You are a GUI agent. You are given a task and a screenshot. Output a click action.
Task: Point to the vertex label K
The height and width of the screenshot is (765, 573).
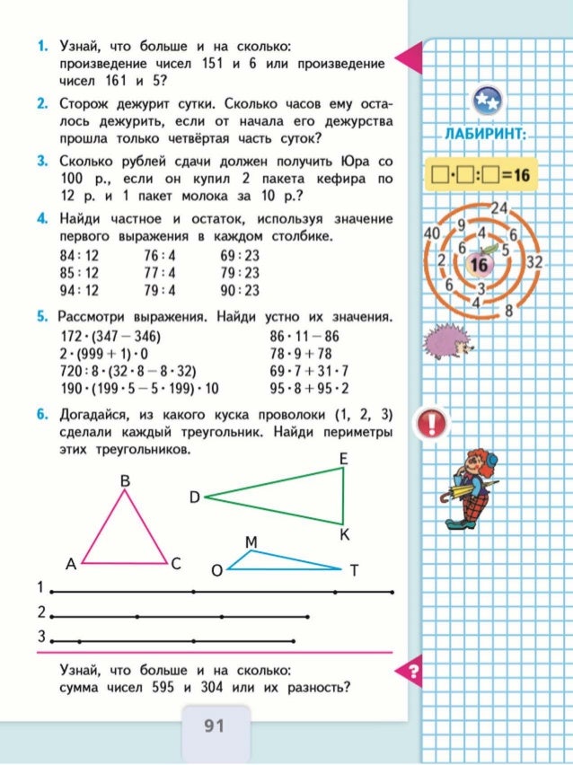click(344, 536)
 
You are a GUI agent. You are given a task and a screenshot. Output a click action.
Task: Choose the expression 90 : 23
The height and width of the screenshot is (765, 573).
click(240, 290)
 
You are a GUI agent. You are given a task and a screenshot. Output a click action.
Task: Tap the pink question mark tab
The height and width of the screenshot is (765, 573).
click(412, 671)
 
